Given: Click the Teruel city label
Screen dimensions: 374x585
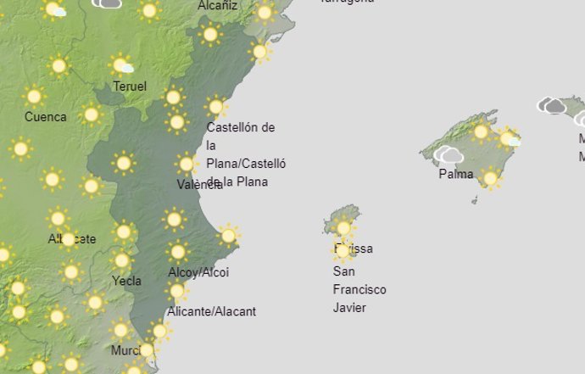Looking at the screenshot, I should coord(130,87).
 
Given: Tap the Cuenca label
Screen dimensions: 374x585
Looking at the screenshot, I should coord(45,117).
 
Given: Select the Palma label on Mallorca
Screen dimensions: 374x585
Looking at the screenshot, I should coord(455,175).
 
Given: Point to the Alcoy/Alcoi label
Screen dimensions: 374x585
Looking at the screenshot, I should coord(198,272).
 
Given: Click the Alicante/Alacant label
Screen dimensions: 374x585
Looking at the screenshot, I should coord(211,311).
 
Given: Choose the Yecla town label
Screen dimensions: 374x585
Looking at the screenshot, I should coord(126,281).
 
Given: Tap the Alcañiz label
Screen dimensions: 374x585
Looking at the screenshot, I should coord(218,6).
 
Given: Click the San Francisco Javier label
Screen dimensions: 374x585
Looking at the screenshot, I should coord(359,290).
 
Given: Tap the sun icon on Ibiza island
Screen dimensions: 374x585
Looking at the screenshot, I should coord(343,227).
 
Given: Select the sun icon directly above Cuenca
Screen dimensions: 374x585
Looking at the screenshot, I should coord(35,96).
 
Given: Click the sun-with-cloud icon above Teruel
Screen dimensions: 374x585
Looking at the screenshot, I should coord(122,64).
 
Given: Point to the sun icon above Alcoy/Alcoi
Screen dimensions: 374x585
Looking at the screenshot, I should coord(177,251).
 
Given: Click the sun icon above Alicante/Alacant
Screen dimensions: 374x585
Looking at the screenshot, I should coord(176,292).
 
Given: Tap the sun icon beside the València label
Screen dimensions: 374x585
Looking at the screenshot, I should coord(186,164).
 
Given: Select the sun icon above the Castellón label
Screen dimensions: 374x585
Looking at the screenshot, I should coord(216,107).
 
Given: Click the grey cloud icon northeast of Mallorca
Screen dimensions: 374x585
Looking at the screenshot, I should coord(552,106).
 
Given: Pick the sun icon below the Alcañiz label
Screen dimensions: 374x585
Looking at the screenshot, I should coord(209,35).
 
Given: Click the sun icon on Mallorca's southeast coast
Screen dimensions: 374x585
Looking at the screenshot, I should coord(489,178).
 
